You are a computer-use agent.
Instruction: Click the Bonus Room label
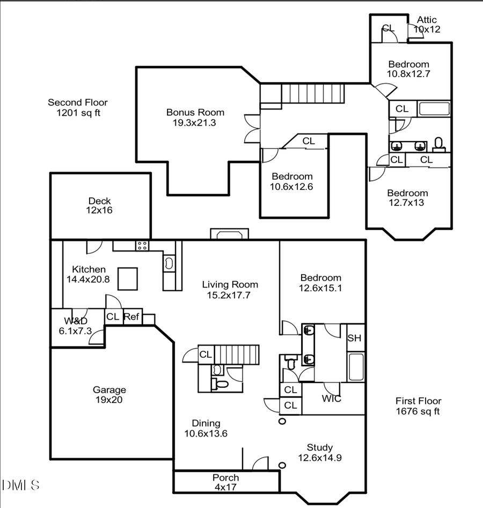point(195,117)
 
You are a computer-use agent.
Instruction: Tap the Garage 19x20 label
point(109,395)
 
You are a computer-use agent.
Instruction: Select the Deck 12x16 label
point(100,205)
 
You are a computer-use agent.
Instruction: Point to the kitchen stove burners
point(143,246)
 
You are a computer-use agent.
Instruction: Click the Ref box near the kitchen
point(131,317)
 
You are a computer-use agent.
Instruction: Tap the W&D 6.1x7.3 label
point(73,326)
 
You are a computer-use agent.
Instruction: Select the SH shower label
point(354,338)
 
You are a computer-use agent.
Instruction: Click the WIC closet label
point(331,399)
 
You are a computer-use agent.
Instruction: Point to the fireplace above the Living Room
point(230,234)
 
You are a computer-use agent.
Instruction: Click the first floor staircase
point(236,355)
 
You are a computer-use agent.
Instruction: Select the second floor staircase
point(312,93)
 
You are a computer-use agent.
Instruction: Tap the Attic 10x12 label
point(427,25)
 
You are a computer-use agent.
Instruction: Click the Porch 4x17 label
point(225,482)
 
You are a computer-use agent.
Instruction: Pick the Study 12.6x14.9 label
point(320,452)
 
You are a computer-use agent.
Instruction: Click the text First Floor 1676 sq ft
point(418,406)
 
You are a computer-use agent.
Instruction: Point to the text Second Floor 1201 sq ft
point(78,107)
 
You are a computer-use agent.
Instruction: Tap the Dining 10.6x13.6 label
point(206,428)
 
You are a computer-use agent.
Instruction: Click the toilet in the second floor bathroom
point(438,144)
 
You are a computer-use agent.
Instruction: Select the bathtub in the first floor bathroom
point(356,367)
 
